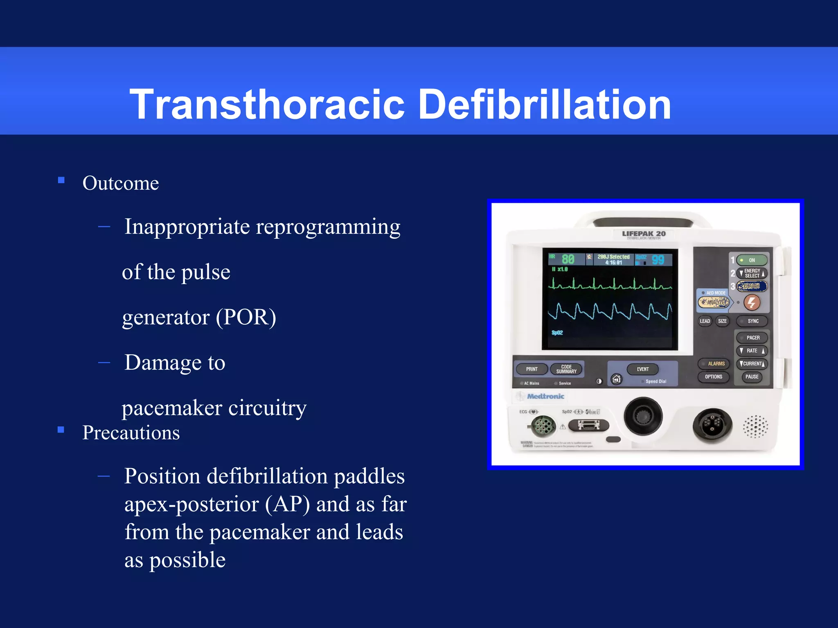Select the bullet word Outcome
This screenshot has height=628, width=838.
(120, 183)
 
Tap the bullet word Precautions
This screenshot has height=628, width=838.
(131, 433)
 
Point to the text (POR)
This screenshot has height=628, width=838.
(246, 317)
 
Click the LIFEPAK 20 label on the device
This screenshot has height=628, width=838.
(644, 234)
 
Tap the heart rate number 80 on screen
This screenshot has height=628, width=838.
(568, 259)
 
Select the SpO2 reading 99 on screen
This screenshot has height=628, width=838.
(658, 260)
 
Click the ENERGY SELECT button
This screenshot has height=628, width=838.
(752, 273)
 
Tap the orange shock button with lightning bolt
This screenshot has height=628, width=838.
(752, 303)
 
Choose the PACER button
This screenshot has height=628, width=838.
(752, 338)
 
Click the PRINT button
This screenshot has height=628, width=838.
(532, 369)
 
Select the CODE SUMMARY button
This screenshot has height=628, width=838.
(566, 369)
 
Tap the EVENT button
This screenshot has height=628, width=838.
(642, 369)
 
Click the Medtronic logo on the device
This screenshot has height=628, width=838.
(545, 396)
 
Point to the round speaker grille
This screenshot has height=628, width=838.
(755, 426)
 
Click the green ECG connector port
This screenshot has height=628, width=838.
(543, 426)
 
